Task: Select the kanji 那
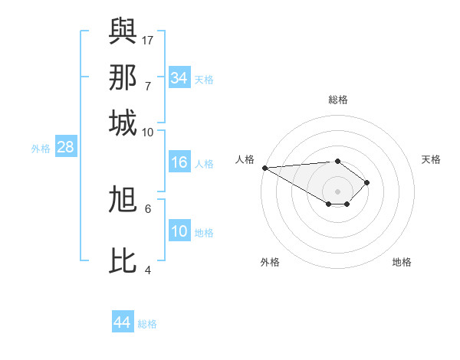[x=123, y=77]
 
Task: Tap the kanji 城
[x=123, y=123]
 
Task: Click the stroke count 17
[x=148, y=40]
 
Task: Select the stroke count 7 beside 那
[x=148, y=86]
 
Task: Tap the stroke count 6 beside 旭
[x=148, y=208]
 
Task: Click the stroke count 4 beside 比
[x=148, y=270]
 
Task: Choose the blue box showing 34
[x=179, y=78]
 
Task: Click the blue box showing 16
[x=179, y=162]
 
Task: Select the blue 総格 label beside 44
[x=147, y=324]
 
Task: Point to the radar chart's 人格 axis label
[x=245, y=159]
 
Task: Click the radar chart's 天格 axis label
[x=431, y=159]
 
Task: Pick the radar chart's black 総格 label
[x=338, y=100]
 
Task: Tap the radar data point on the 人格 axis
[x=264, y=168]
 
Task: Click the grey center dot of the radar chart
[x=338, y=191]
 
